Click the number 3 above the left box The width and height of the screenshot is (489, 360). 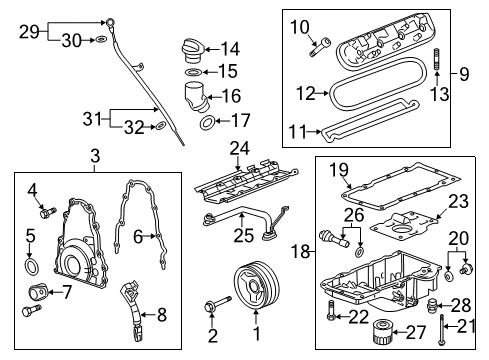pyautogui.click(x=93, y=157)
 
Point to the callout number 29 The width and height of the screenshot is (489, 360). pyautogui.click(x=29, y=31)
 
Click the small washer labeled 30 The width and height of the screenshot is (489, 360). pyautogui.click(x=101, y=40)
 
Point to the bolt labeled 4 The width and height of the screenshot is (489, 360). pyautogui.click(x=45, y=210)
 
